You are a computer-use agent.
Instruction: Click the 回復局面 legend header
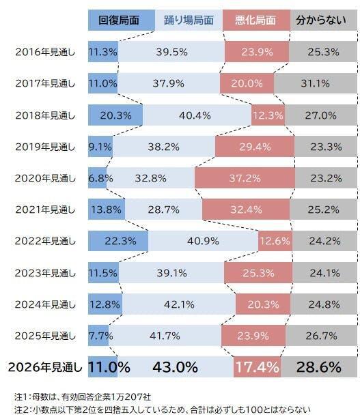(x=121, y=20)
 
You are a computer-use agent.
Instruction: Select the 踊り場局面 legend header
(x=189, y=20)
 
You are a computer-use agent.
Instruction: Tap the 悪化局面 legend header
(x=255, y=20)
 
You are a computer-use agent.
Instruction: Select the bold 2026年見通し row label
(x=45, y=367)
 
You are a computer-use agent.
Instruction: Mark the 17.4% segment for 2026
(x=257, y=367)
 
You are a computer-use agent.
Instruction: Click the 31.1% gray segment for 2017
(x=315, y=83)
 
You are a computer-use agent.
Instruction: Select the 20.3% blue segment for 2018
(x=115, y=115)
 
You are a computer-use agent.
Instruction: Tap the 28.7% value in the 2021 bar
(x=163, y=209)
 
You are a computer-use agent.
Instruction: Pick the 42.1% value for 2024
(x=180, y=304)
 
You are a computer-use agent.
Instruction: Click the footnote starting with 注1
(x=85, y=396)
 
